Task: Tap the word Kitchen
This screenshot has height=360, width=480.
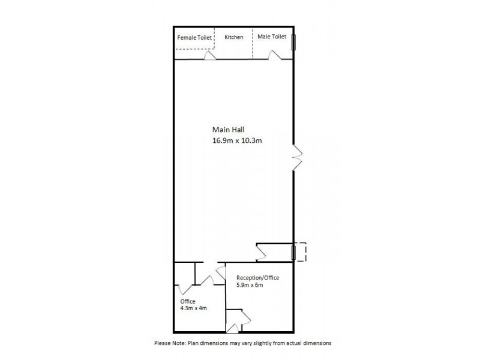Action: pyautogui.click(x=234, y=37)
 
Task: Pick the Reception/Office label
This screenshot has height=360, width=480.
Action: pyautogui.click(x=257, y=278)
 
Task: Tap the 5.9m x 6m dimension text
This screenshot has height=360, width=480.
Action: pyautogui.click(x=251, y=286)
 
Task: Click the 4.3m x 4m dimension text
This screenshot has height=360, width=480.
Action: pyautogui.click(x=193, y=308)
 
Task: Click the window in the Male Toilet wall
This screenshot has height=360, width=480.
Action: pyautogui.click(x=294, y=42)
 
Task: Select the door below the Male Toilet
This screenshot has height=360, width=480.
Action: pyautogui.click(x=275, y=55)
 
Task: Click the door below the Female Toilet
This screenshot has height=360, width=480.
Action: pyautogui.click(x=209, y=55)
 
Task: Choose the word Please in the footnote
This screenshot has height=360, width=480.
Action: pyautogui.click(x=163, y=343)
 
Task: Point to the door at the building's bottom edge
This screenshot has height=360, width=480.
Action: pyautogui.click(x=234, y=327)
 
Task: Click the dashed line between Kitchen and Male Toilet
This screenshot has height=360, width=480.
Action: pyautogui.click(x=253, y=45)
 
